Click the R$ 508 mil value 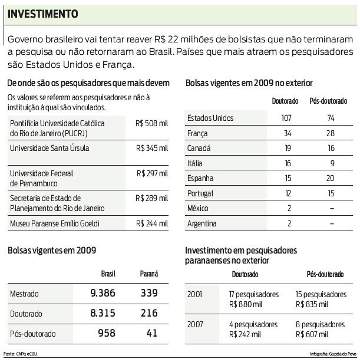pos(151,124)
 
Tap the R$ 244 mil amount pos(151,223)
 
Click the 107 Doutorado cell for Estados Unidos pos(286,118)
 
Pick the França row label pos(198,133)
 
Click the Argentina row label pos(202,223)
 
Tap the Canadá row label pos(199,148)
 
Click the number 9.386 pos(103,293)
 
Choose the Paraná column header pos(148,274)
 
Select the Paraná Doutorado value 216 pos(148,314)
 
